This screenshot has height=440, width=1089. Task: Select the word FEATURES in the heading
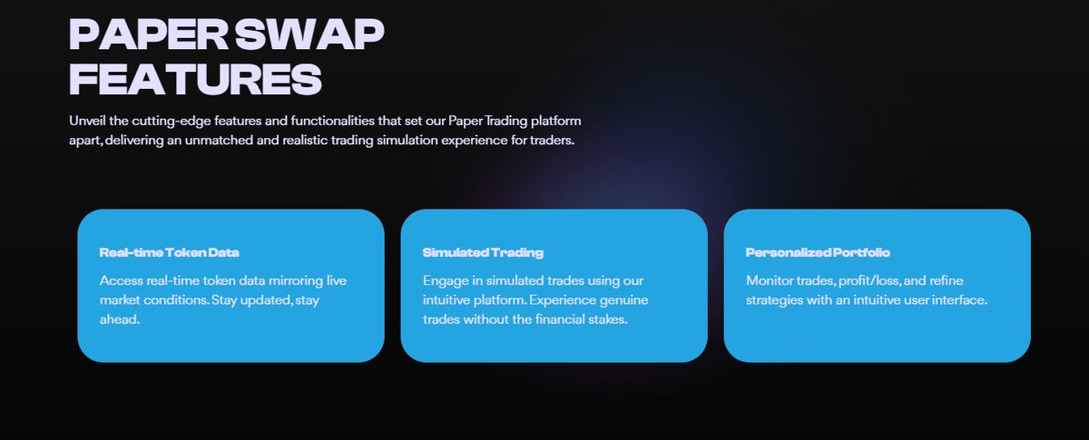click(x=195, y=80)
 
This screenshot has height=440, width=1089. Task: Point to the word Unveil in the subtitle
click(x=87, y=121)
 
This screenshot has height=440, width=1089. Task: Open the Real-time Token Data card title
click(x=170, y=252)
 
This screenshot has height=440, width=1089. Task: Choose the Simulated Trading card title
click(x=483, y=252)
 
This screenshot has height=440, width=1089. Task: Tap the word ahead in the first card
click(x=120, y=320)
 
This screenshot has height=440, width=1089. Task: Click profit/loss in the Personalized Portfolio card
click(x=868, y=280)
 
